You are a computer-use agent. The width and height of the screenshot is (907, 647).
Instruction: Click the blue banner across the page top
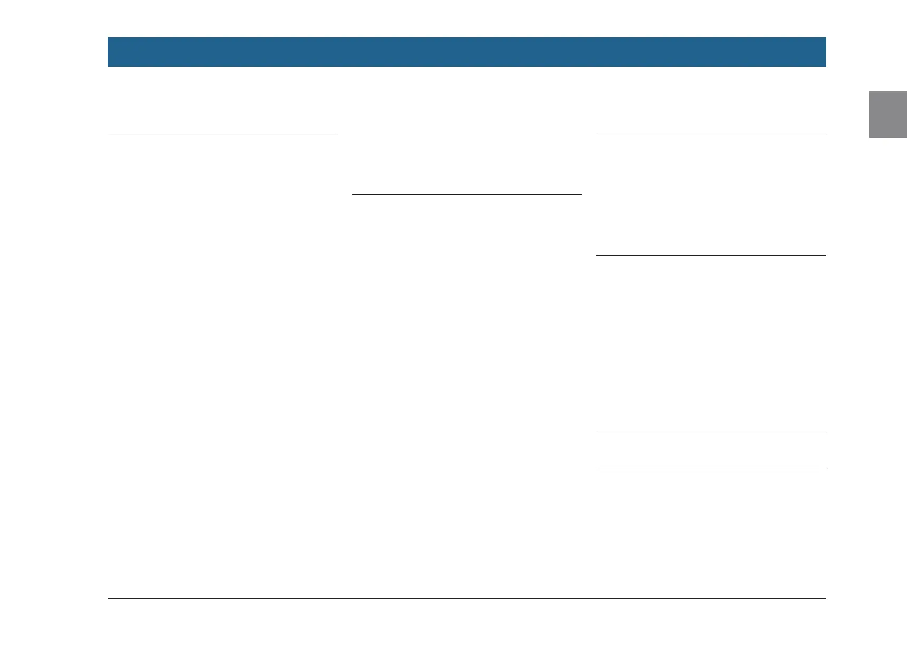(x=467, y=52)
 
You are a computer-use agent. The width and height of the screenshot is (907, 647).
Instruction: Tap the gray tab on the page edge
(x=888, y=115)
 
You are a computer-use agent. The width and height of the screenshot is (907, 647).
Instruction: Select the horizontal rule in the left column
(x=222, y=134)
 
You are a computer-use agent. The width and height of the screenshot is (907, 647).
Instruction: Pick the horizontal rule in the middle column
(x=467, y=194)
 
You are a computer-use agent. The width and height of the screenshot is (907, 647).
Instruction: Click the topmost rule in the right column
(x=711, y=134)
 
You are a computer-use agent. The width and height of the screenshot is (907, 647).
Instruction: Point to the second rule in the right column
(x=711, y=255)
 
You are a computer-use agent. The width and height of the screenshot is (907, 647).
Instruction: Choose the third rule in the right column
(x=711, y=432)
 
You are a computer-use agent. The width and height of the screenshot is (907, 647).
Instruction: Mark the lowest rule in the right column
(x=711, y=467)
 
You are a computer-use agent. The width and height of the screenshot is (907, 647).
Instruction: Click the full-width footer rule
(x=467, y=598)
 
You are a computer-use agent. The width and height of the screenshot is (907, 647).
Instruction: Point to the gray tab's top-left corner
(x=870, y=92)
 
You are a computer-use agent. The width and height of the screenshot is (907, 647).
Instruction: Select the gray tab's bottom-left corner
(x=870, y=137)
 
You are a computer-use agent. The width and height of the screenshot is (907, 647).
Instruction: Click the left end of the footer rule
(x=109, y=598)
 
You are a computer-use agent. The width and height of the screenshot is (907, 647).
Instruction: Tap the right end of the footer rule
(x=825, y=598)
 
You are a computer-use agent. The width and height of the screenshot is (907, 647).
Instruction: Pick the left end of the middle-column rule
(x=353, y=194)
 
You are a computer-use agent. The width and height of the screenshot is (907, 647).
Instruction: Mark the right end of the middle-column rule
(x=580, y=194)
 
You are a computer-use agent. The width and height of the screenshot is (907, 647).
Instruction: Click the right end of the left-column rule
(x=336, y=134)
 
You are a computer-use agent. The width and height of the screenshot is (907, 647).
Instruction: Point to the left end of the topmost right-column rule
(x=597, y=134)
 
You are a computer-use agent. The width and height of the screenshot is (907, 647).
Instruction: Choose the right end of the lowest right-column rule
(x=825, y=467)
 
